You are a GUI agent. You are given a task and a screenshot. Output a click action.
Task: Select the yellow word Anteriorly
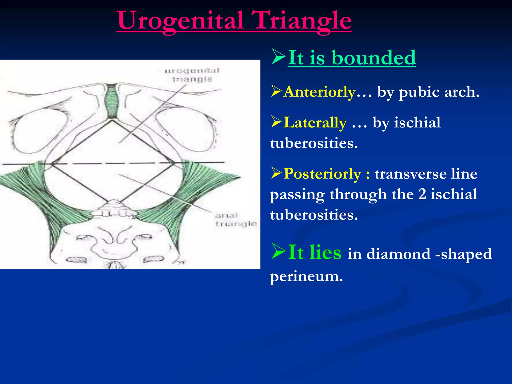point(320,92)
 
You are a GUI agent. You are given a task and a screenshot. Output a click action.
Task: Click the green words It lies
point(314,252)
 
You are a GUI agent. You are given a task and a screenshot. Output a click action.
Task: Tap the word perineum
point(306,276)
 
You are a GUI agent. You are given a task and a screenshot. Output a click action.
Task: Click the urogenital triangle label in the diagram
point(192,75)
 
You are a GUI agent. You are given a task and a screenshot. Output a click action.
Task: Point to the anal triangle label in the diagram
point(236,219)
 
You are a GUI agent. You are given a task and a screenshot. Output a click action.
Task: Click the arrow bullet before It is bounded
point(278,57)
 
